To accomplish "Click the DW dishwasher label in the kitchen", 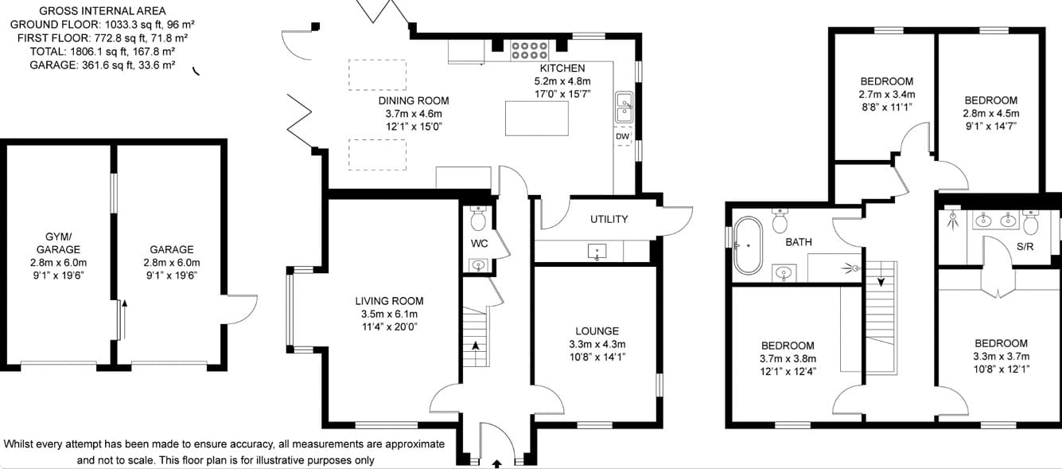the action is click(x=623, y=137).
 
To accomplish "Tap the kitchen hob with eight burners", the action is click(x=529, y=50).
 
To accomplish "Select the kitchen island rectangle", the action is click(x=537, y=119).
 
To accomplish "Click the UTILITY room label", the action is click(x=609, y=219).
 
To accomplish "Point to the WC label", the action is click(x=480, y=244).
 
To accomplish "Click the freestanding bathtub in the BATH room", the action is click(x=748, y=245).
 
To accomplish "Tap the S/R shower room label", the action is click(x=1025, y=247).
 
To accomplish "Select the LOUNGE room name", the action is click(x=597, y=331).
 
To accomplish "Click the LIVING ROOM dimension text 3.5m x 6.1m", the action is click(x=389, y=315).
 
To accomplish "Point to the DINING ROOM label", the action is click(x=414, y=100).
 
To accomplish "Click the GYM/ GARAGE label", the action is click(x=58, y=243).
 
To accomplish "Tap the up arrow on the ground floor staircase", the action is click(x=476, y=346).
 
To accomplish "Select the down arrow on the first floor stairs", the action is click(x=881, y=282).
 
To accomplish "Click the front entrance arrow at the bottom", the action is click(x=497, y=463).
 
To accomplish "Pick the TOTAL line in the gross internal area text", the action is click(x=103, y=51).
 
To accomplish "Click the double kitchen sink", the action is click(x=624, y=107).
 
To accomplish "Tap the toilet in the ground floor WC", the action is click(x=478, y=218).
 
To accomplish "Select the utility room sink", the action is click(x=597, y=251).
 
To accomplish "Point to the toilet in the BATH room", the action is click(x=780, y=221).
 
